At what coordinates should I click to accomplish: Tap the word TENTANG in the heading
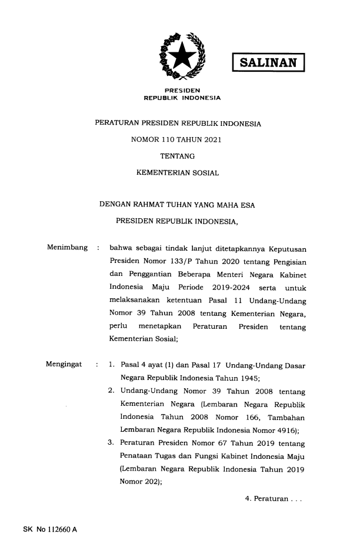[178, 156]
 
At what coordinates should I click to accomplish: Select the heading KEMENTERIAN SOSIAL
[178, 173]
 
